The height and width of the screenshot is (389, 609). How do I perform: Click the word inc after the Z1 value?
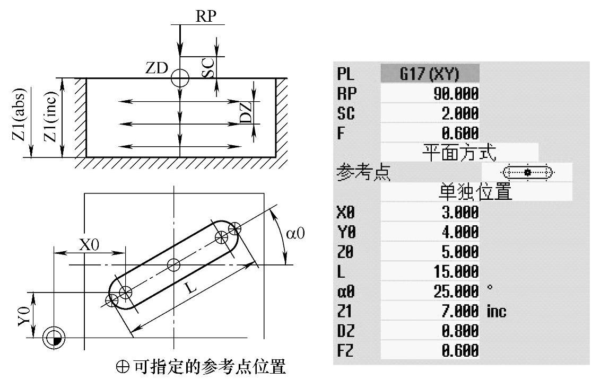[x=496, y=312]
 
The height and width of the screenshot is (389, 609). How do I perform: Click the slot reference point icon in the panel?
[x=527, y=172]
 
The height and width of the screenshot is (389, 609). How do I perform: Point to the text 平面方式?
[x=459, y=153]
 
